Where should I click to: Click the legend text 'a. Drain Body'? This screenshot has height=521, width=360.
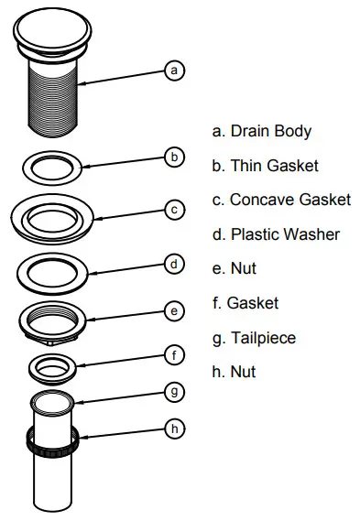pyautogui.click(x=261, y=131)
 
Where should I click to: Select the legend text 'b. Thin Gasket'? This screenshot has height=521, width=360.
pyautogui.click(x=265, y=166)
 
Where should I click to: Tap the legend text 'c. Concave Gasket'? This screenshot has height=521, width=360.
pyautogui.click(x=280, y=200)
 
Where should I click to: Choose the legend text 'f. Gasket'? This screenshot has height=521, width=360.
pyautogui.click(x=245, y=303)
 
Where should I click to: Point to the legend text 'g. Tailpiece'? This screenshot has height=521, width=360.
pyautogui.click(x=254, y=338)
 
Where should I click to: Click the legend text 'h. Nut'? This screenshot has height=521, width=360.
pyautogui.click(x=234, y=372)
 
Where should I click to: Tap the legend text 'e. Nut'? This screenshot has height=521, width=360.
pyautogui.click(x=234, y=269)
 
